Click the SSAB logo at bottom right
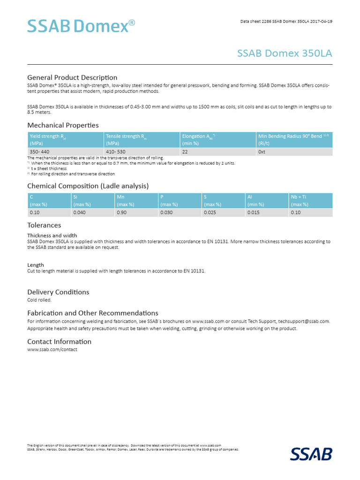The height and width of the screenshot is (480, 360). click(311, 454)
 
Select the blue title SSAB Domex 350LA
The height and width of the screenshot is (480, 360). click(285, 53)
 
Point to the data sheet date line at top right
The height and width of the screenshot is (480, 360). click(286, 22)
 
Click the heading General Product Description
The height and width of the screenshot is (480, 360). click(72, 77)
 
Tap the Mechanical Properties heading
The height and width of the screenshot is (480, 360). click(63, 125)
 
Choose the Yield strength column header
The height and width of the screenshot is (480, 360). click(66, 139)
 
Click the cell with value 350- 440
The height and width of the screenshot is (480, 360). click(39, 152)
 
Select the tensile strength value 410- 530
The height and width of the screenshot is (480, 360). click(116, 152)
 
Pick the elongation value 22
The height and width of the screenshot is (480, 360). click(185, 152)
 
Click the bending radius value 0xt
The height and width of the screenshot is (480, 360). click(262, 152)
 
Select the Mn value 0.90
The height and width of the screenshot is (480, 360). click(121, 212)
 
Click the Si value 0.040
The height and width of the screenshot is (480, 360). click(80, 212)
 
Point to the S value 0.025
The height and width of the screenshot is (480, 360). click(210, 212)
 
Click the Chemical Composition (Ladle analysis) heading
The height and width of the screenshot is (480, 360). click(88, 186)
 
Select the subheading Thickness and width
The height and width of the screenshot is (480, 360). click(52, 235)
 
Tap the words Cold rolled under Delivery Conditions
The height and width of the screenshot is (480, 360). click(39, 300)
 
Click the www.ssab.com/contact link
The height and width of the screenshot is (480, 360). click(52, 350)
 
